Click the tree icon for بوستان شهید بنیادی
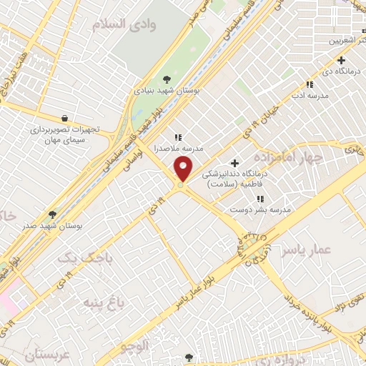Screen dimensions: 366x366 click(x=167, y=79)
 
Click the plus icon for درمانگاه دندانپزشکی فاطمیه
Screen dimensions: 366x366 click(x=234, y=164)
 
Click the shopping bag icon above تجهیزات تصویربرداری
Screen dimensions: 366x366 click(x=66, y=119)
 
